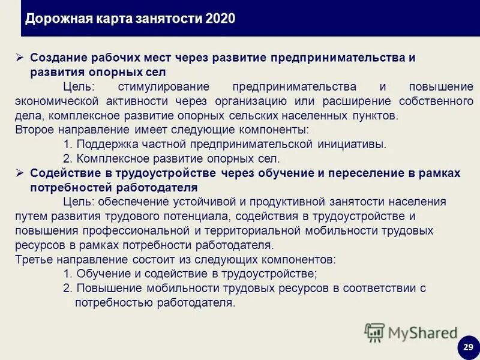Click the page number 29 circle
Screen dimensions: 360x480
(468, 347)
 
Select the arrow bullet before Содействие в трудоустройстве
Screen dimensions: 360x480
(19, 173)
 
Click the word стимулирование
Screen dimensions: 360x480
(159, 88)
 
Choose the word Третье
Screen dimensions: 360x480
(32, 260)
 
